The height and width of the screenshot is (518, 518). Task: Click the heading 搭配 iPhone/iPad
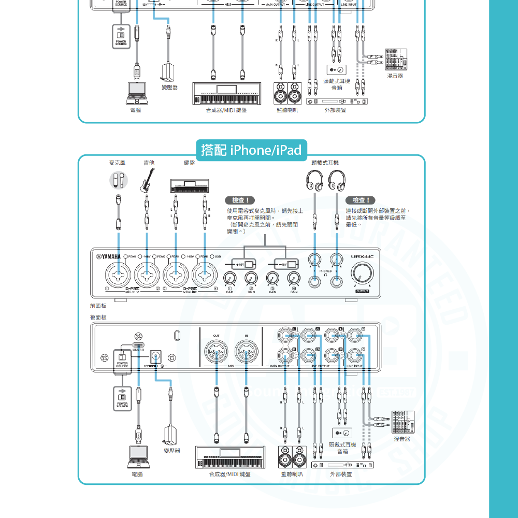(x=251, y=150)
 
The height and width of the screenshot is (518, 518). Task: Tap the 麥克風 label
(x=117, y=163)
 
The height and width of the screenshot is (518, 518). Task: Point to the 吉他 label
(x=149, y=163)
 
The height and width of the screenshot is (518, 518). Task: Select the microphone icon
(x=118, y=180)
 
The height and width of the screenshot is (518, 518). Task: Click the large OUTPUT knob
(x=362, y=274)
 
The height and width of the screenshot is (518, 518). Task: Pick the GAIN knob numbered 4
(x=294, y=280)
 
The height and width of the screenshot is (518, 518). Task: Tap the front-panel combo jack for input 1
(x=119, y=272)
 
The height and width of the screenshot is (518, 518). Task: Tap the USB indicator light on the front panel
(x=211, y=256)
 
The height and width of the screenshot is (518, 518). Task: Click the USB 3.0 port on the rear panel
(x=138, y=344)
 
